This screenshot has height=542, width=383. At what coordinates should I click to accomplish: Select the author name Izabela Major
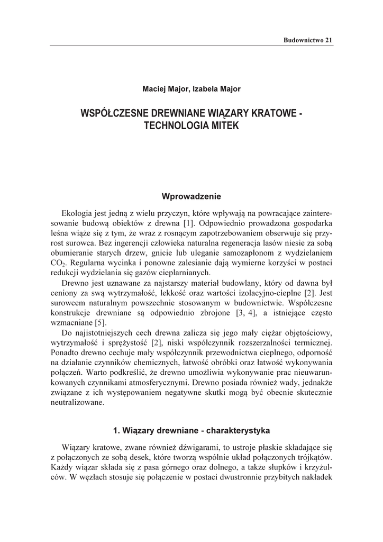pyautogui.click(x=216, y=89)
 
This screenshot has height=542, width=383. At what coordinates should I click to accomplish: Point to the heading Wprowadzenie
pyautogui.click(x=191, y=196)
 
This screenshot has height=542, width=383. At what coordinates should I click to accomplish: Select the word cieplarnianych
pyautogui.click(x=184, y=273)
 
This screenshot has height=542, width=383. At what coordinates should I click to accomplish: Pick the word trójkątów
pyautogui.click(x=313, y=457)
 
